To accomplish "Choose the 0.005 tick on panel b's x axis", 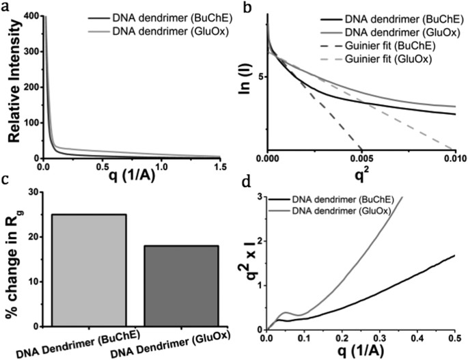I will point(361,158).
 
